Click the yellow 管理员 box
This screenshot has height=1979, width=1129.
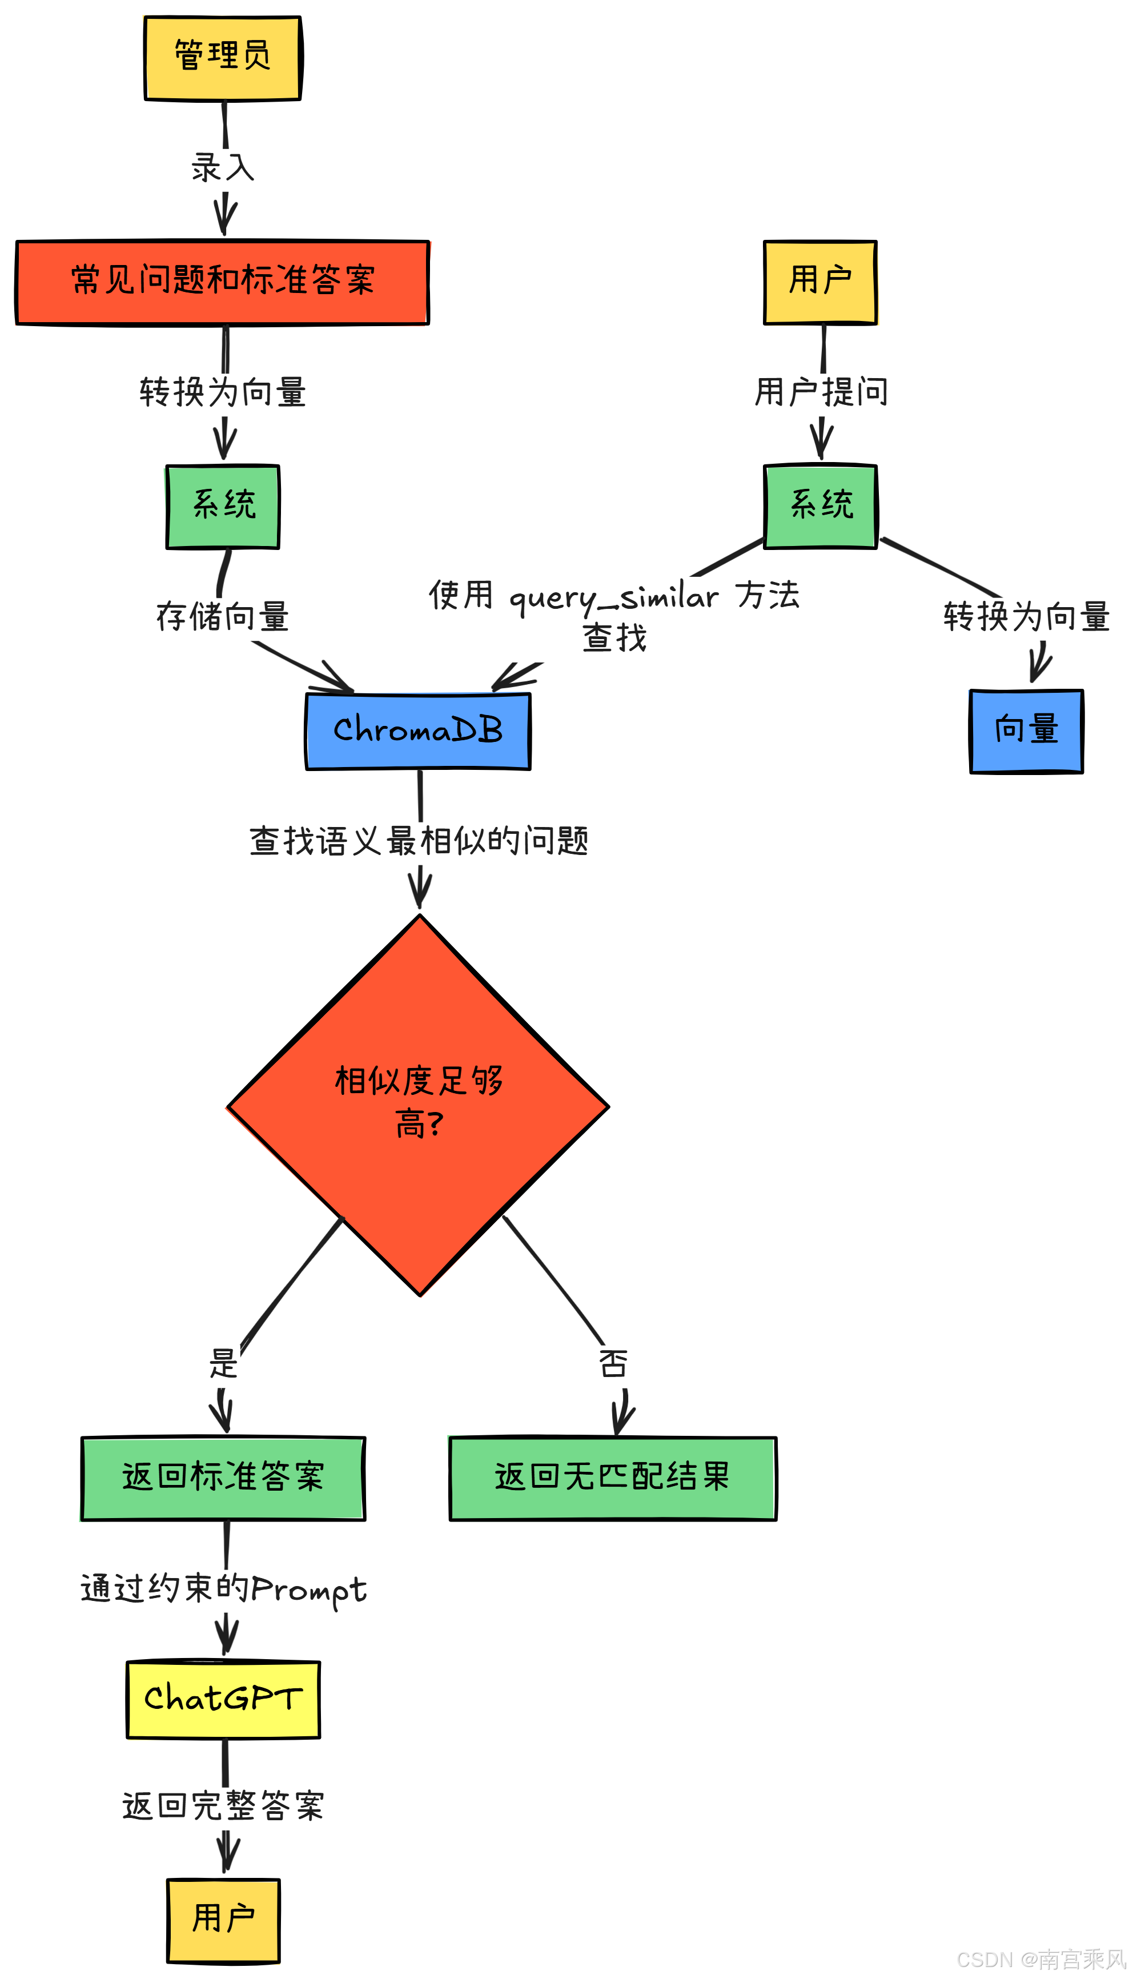[223, 58]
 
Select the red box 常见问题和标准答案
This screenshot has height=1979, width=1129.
[223, 282]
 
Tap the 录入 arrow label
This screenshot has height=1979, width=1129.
[223, 167]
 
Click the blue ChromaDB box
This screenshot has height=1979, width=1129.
[418, 730]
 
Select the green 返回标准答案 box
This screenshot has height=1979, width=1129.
[223, 1478]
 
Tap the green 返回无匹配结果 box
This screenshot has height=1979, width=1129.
[613, 1478]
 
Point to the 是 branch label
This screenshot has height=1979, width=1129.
[223, 1363]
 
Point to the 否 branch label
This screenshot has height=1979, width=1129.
[613, 1363]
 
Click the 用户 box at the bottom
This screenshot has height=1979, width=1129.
[223, 1919]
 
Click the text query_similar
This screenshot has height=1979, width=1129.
[613, 597]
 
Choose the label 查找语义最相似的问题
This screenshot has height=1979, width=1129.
[418, 841]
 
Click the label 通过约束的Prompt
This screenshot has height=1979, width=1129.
[223, 1589]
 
